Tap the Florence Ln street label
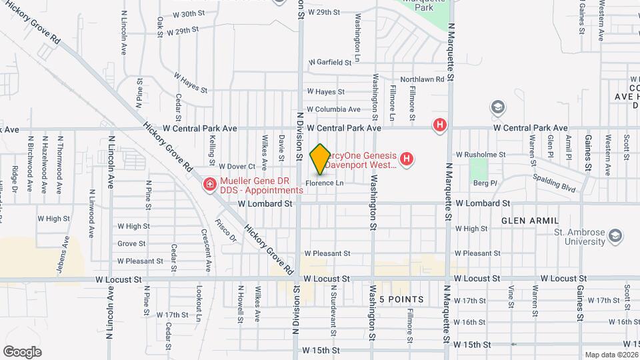325,183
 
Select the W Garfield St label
329,63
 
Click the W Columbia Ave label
333,109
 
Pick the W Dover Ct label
237,166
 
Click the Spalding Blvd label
555,183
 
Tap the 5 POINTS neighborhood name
401,300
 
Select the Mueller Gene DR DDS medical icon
210,183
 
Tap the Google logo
22,351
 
